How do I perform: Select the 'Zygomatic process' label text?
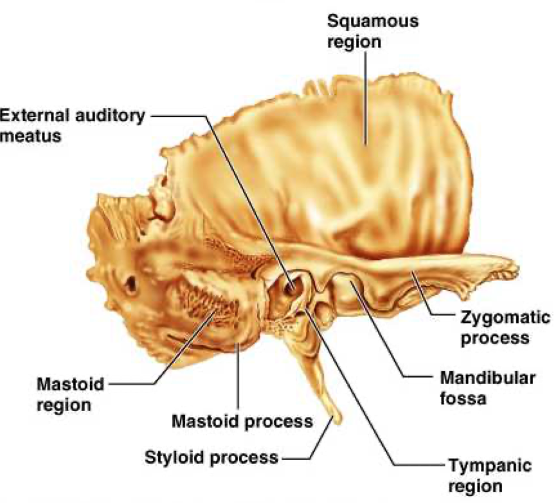coord(505,327)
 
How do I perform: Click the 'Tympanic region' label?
coord(482,474)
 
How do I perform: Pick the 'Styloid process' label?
coord(212,458)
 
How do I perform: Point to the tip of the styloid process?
coord(335,421)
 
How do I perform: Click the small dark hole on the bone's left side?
coord(130,283)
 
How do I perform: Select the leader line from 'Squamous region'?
coord(365,96)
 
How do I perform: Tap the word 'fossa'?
coord(462,397)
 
